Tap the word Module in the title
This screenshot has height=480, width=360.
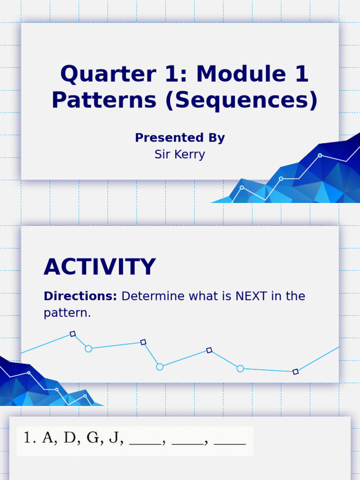(235, 75)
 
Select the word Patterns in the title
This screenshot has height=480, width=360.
(104, 100)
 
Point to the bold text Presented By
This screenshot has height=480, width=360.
(180, 138)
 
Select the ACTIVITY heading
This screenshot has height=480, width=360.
(99, 267)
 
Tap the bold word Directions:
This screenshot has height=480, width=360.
(80, 296)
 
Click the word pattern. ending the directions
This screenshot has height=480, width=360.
(67, 313)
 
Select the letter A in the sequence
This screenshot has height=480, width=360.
(47, 438)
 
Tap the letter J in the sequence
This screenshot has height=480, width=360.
(114, 438)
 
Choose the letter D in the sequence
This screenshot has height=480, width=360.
(69, 438)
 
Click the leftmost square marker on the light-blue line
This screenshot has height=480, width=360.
(73, 334)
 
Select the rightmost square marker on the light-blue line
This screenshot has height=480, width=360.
(295, 372)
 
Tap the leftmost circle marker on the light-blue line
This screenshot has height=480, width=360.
(89, 348)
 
